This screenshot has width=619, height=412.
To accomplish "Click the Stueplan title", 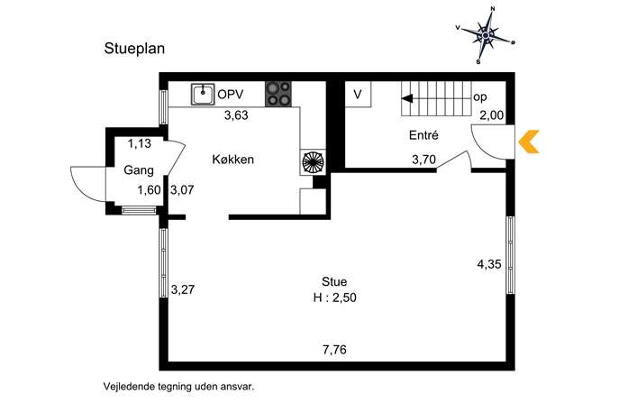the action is pyautogui.click(x=134, y=49).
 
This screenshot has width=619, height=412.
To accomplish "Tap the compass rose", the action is pyautogui.click(x=486, y=35).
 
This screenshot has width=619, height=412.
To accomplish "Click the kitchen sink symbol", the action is pyautogui.click(x=203, y=94).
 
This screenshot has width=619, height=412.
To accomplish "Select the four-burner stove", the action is pyautogui.click(x=278, y=94).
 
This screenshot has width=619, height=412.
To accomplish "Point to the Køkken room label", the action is pyautogui.click(x=233, y=160).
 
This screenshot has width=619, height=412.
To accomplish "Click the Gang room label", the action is pyautogui.click(x=139, y=170).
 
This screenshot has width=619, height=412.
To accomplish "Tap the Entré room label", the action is pyautogui.click(x=423, y=135).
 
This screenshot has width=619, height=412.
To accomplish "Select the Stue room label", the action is pyautogui.click(x=334, y=281).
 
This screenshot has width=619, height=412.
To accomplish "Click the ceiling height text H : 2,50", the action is pyautogui.click(x=335, y=298).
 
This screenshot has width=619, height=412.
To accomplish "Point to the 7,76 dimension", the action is pyautogui.click(x=334, y=350).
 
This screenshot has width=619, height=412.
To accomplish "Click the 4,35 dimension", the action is pyautogui.click(x=489, y=264).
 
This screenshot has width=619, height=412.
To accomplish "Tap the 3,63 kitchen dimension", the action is pyautogui.click(x=236, y=115).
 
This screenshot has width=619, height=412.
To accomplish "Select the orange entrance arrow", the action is pyautogui.click(x=529, y=142).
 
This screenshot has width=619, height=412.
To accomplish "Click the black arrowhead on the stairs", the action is pyautogui.click(x=407, y=98).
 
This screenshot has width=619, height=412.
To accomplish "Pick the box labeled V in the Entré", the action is pyautogui.click(x=358, y=95).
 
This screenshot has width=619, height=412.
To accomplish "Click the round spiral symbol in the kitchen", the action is pyautogui.click(x=313, y=162).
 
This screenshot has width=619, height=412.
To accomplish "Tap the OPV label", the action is pyautogui.click(x=231, y=95).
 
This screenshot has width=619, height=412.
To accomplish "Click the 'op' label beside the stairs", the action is pyautogui.click(x=479, y=97).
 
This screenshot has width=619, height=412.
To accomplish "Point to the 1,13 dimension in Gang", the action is pyautogui.click(x=140, y=143).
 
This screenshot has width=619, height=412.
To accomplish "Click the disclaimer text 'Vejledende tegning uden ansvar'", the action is pyautogui.click(x=178, y=387).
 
